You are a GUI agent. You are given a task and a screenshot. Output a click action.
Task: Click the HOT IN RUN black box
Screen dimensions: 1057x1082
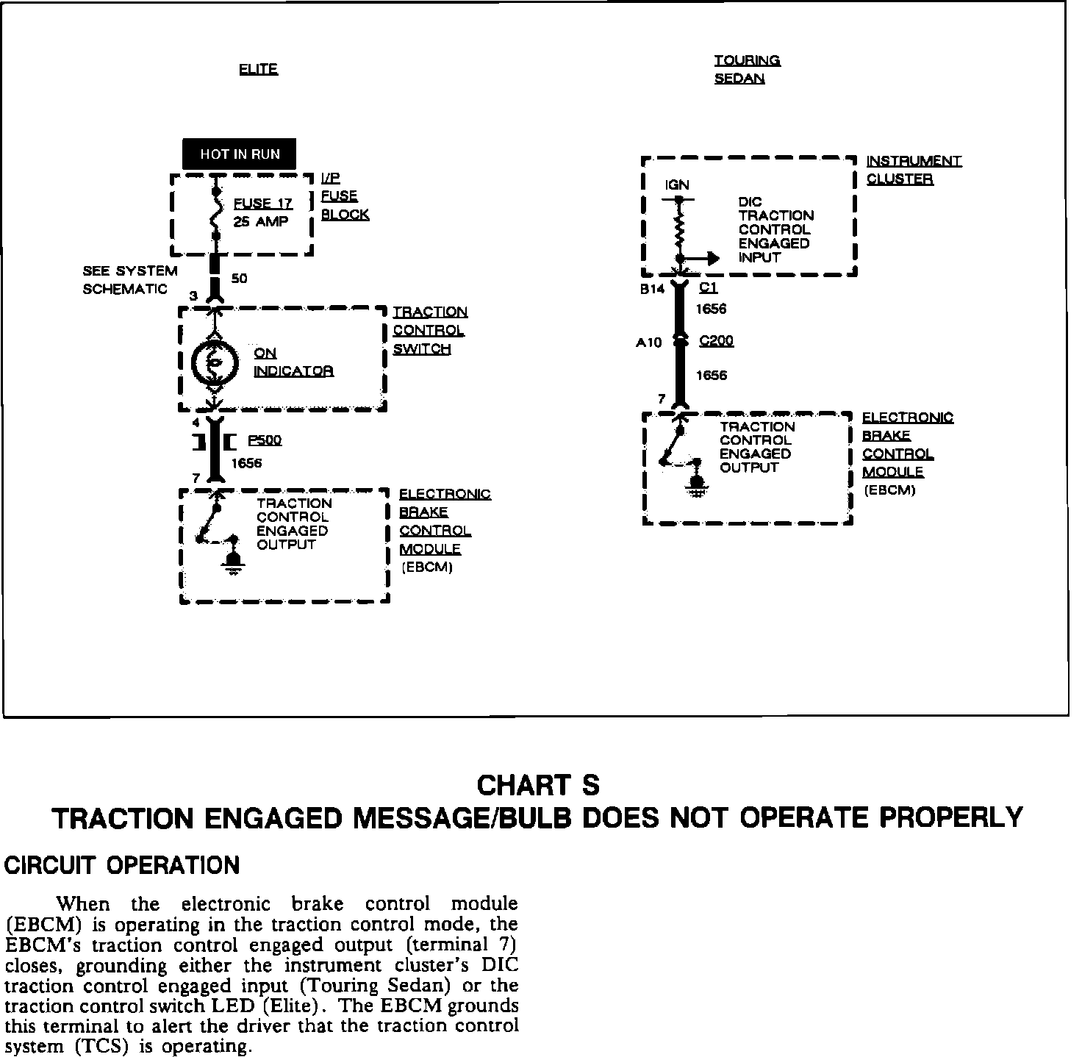(x=240, y=154)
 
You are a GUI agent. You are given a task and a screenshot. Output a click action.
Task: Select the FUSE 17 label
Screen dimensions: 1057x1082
(x=262, y=204)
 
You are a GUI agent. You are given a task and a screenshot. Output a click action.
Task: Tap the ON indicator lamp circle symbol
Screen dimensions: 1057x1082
(x=215, y=361)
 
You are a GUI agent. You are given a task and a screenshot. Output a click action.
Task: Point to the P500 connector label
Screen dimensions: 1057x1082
(x=265, y=440)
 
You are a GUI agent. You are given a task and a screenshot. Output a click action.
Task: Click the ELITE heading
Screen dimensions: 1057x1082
(x=258, y=69)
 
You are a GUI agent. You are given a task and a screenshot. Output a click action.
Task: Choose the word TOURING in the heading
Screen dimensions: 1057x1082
(x=747, y=60)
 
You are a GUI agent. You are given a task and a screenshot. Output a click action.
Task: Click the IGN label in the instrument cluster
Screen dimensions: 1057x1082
(x=676, y=184)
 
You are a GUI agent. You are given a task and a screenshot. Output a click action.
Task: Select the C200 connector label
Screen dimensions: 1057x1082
(x=716, y=340)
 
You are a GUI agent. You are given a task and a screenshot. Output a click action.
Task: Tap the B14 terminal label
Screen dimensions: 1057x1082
(x=652, y=289)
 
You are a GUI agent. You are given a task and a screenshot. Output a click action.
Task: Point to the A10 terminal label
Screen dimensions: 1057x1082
(x=648, y=342)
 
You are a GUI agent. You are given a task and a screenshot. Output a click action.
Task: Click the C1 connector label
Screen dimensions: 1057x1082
(x=709, y=288)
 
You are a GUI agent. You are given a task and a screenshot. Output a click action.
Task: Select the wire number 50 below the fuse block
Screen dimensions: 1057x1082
(x=240, y=279)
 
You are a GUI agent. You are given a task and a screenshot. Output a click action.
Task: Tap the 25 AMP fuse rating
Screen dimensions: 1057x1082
(x=260, y=221)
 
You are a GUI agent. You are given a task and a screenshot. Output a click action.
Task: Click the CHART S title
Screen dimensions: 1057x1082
(x=538, y=785)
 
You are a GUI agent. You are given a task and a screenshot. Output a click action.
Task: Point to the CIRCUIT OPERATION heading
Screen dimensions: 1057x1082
(x=122, y=865)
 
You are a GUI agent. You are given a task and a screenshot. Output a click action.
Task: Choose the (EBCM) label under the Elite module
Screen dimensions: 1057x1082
(x=427, y=567)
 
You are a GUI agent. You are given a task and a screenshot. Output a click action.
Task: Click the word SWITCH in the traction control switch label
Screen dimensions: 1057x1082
(x=421, y=348)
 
